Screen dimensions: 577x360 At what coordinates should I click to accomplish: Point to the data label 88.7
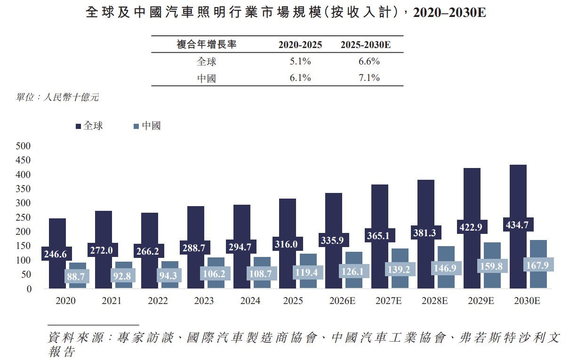tap(76, 276)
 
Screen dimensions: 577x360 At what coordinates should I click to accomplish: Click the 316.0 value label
tap(286, 244)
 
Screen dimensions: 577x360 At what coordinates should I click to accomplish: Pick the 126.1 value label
tap(353, 271)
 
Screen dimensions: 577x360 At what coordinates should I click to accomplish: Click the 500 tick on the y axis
tap(23, 146)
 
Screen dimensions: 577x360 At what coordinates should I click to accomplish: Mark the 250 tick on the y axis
tap(23, 217)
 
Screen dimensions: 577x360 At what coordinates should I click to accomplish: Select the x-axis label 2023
tap(204, 301)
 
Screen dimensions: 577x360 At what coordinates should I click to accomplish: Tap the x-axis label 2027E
tap(388, 301)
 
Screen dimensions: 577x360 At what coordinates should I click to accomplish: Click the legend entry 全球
tap(89, 126)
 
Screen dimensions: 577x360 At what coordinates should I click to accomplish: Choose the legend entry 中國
tap(147, 126)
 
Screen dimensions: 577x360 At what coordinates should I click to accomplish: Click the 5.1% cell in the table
tap(300, 61)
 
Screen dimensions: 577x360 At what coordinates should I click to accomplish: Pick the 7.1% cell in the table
tap(369, 78)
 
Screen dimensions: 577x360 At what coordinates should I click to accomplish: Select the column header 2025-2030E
tap(366, 45)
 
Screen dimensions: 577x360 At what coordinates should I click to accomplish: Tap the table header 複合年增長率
tap(206, 44)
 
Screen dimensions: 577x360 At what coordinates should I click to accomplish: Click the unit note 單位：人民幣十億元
tap(57, 97)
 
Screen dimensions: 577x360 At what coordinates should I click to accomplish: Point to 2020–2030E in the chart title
tap(449, 12)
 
